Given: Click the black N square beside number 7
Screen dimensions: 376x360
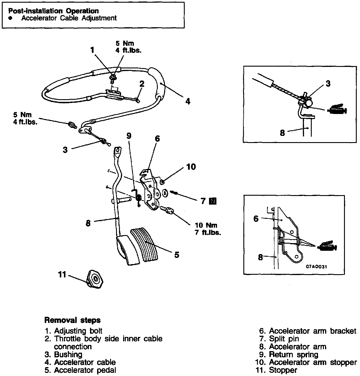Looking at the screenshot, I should point(213,201).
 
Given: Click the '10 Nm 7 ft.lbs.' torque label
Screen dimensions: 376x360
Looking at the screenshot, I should point(208,229).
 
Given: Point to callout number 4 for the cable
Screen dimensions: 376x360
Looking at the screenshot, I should point(188,101).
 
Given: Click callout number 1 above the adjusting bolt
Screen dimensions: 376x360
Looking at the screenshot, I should point(92,50).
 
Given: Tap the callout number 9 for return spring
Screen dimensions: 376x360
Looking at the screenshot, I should point(129,136).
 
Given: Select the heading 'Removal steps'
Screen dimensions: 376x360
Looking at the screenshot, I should point(72,320).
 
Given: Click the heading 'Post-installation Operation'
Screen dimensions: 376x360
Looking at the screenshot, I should point(53,11).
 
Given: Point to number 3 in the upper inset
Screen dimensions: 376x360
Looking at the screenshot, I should point(328,84).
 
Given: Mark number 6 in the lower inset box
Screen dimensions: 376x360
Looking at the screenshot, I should point(256,219).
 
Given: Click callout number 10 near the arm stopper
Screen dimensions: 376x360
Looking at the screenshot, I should point(191,167).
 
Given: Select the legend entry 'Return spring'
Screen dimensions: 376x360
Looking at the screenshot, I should point(293,354).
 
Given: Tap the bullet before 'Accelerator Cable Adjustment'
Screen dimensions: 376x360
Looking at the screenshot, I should point(11,18).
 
